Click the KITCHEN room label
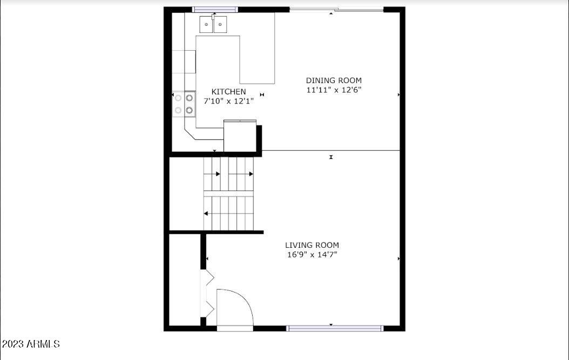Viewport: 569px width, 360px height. pos(228,92)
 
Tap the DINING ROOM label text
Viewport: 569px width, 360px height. pos(334,80)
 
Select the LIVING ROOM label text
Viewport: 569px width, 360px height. pos(312,245)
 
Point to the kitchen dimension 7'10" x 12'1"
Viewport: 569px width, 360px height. pos(228,101)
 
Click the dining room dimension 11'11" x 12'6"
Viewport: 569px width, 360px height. pos(334,90)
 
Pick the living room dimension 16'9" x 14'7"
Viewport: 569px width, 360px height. pos(312,255)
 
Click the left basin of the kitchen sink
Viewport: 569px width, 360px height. pos(207,24)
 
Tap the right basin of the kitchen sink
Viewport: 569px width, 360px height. pos(220,24)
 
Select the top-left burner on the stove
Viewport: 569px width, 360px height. pos(178,98)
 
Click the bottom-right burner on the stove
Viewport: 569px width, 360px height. pos(189,110)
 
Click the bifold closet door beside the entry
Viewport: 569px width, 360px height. pos(208,294)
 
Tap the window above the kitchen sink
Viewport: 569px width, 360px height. pos(215,9)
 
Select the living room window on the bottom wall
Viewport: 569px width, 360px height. pos(335,328)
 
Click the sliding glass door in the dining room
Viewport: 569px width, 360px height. pos(337,9)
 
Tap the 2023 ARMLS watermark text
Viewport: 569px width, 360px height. pos(31,344)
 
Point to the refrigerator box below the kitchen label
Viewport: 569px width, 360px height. pos(240,136)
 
